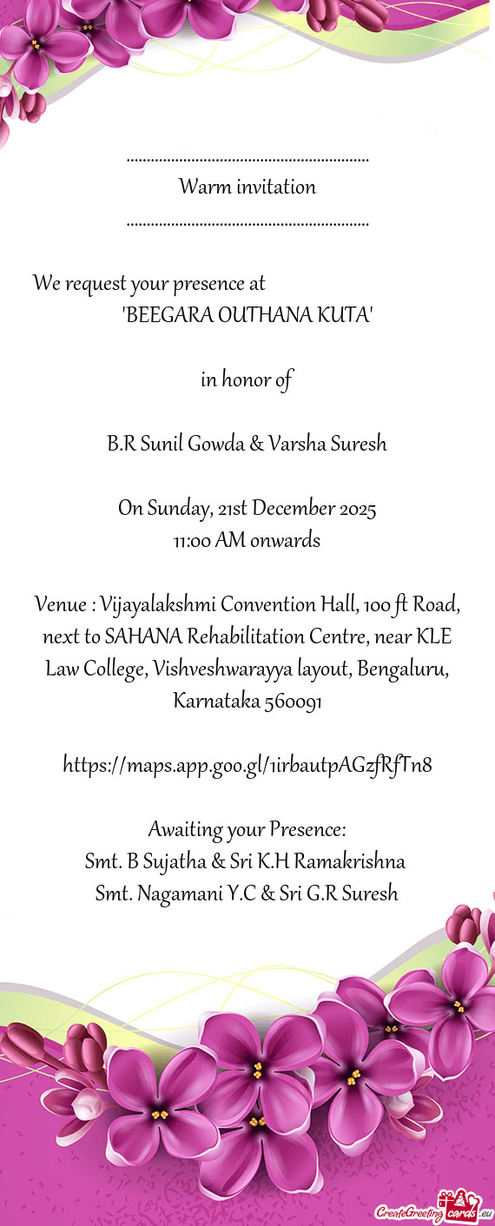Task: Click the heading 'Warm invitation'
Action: [247, 187]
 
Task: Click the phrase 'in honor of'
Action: [247, 379]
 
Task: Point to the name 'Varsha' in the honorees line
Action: [296, 445]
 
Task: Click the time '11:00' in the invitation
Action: [191, 541]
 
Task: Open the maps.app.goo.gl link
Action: [247, 766]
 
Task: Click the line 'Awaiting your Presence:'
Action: [247, 830]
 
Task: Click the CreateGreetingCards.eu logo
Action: [432, 1208]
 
